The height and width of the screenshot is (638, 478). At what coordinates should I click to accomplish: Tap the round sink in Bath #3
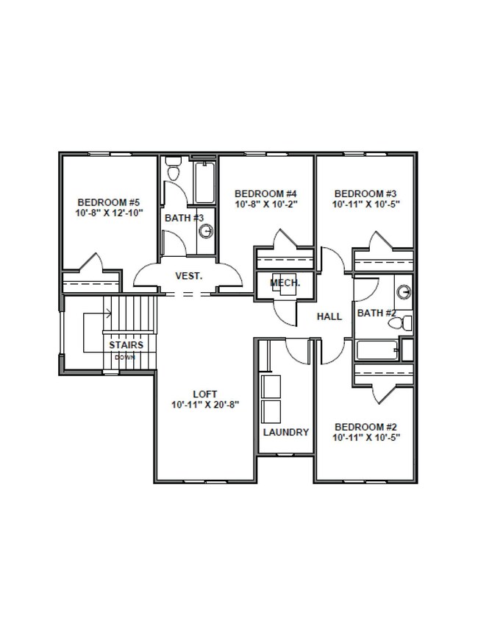point(207,232)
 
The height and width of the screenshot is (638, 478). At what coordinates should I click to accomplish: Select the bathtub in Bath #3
point(204,182)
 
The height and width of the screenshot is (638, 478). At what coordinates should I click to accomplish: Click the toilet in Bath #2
point(400,324)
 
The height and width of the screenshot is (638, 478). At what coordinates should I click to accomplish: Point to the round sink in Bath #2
point(403,291)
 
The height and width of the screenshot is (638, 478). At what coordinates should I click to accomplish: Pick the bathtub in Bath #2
point(377,350)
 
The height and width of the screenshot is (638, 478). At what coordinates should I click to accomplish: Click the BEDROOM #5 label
point(109,202)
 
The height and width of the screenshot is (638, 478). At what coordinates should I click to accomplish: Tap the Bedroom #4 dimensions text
point(267,205)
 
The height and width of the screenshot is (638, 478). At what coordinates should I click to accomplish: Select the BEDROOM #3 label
point(365,194)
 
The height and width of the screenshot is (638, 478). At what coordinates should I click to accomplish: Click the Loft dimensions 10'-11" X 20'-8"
point(205,405)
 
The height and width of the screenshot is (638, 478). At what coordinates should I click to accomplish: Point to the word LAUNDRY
point(286,432)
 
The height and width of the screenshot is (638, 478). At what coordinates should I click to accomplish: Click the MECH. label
point(285,283)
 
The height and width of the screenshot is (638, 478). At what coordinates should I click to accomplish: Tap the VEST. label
point(188,276)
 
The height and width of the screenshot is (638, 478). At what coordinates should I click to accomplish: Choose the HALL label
point(329,316)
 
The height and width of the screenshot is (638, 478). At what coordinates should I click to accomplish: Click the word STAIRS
point(126,345)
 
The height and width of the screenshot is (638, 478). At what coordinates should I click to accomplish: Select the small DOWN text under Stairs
point(125,358)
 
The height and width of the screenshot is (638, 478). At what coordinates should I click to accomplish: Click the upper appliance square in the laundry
point(271,386)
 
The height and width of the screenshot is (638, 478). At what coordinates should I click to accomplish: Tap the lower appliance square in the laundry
point(271,412)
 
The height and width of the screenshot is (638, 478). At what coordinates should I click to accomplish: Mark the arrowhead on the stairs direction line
point(110,313)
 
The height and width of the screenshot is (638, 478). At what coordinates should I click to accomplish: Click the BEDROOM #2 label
point(365,427)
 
